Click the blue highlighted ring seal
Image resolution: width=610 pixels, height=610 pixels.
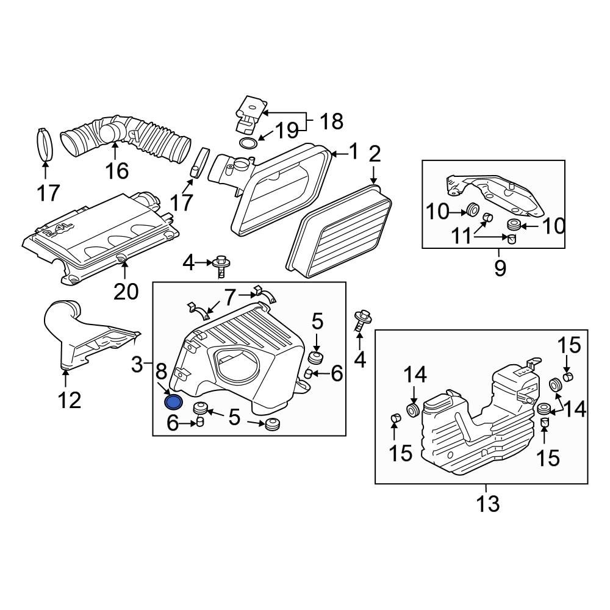pos(174,402)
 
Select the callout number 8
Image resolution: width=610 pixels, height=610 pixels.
pos(160,371)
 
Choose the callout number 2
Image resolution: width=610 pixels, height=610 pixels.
pos(373,154)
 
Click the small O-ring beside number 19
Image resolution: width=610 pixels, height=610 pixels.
pos(248,144)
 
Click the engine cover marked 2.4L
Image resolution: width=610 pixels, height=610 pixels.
pos(101,238)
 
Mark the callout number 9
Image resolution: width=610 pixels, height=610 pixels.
pos(500,268)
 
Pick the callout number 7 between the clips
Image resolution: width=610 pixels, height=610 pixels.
pos(229,298)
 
